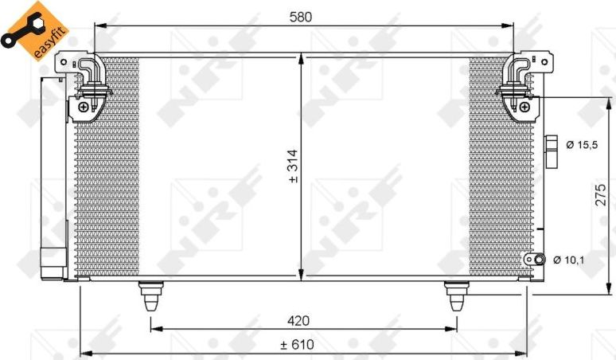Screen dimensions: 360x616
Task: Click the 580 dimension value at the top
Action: tap(300, 15)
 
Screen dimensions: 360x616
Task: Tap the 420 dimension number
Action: tap(298, 320)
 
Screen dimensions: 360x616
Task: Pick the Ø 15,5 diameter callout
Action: tap(582, 146)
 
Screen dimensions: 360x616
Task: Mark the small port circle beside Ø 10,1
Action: tap(539, 260)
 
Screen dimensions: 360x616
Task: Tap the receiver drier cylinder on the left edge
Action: tap(53, 175)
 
